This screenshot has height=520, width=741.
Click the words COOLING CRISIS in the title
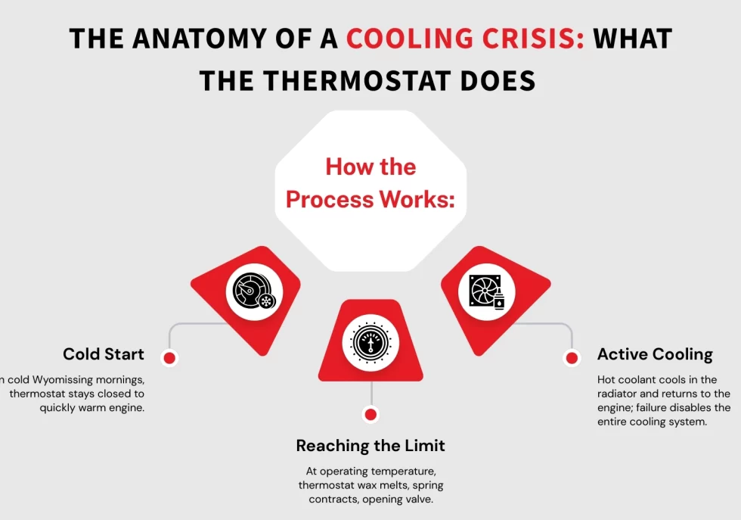[x=465, y=39]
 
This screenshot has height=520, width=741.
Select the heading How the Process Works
[x=370, y=182]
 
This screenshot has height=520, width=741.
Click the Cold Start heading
[x=104, y=354]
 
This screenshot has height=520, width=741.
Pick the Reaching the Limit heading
[x=370, y=445]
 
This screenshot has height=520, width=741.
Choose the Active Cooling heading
[x=655, y=354]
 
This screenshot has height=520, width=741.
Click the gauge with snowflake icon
[x=254, y=292]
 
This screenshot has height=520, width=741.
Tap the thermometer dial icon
[x=370, y=342]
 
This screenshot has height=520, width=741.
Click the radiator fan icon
[x=486, y=292]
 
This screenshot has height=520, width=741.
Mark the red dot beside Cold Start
[x=170, y=357]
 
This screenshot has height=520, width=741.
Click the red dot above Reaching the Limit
[x=370, y=414]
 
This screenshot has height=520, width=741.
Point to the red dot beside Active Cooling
[x=572, y=357]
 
